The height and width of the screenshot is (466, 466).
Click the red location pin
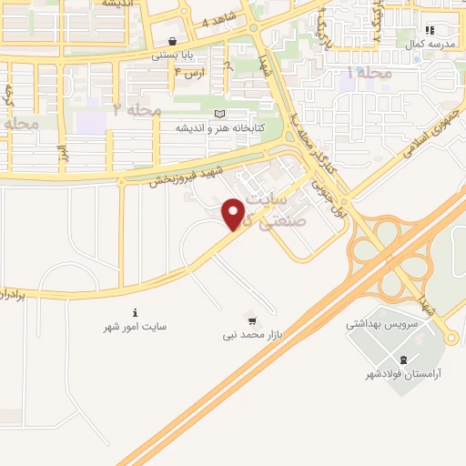coord(234,213)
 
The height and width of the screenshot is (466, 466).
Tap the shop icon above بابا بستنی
coord(173,42)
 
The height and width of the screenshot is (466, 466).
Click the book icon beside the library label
coord(219,114)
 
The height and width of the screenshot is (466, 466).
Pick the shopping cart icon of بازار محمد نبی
coord(251,319)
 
